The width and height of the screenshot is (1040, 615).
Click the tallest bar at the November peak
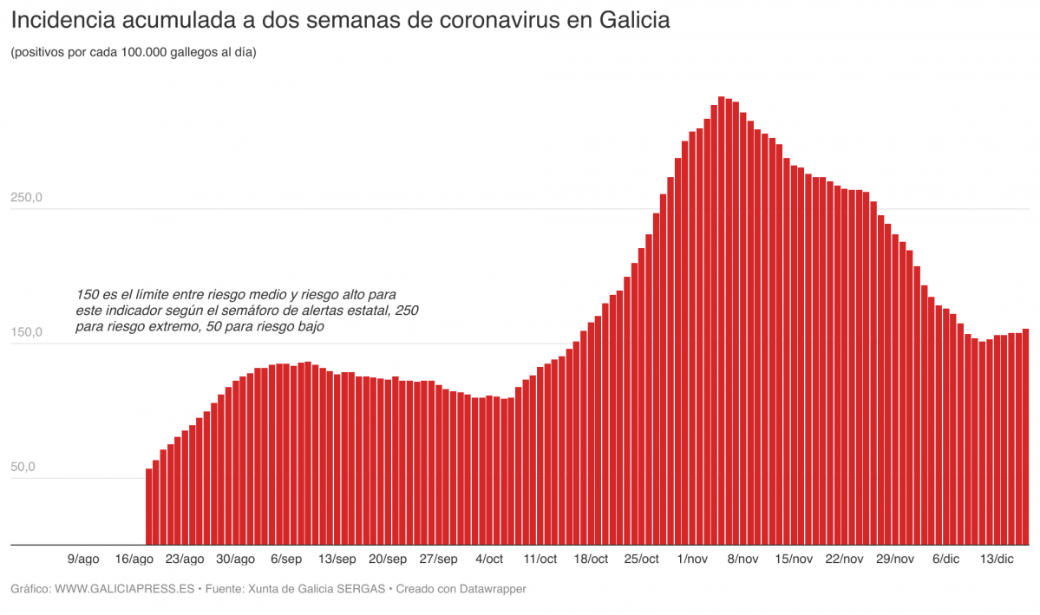tap(721, 321)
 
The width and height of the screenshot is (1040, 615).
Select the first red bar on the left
tap(148, 507)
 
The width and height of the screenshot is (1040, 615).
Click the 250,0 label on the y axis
tap(27, 198)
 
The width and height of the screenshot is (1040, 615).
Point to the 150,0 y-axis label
tap(27, 332)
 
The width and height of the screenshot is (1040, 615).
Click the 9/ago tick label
tap(82, 559)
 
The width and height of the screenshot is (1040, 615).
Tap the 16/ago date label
tap(134, 559)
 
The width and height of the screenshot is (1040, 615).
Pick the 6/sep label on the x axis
tap(286, 559)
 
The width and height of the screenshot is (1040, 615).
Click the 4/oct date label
tap(489, 559)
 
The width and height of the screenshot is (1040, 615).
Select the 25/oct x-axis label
tap(642, 559)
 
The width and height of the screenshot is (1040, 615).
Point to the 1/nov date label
tap(692, 559)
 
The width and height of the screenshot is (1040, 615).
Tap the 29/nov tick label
tap(895, 559)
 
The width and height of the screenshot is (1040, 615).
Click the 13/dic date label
tap(997, 559)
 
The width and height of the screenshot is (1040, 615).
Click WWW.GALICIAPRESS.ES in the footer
tap(124, 589)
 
